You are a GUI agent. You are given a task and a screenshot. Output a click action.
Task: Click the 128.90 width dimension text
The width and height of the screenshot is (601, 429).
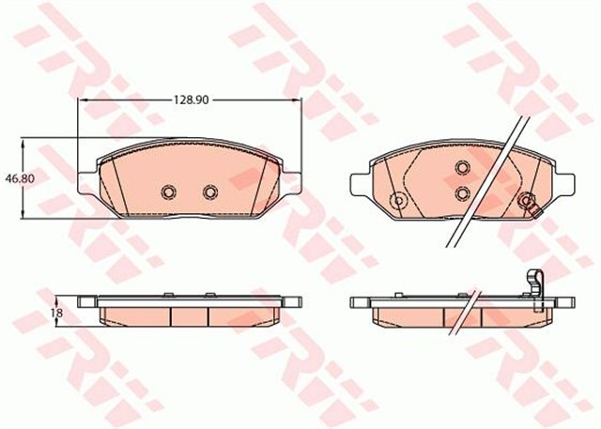tap(189, 98)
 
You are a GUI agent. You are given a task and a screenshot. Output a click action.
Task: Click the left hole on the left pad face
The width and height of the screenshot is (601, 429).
tap(168, 192)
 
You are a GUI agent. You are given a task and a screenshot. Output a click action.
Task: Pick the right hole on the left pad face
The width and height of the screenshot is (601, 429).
tap(209, 192)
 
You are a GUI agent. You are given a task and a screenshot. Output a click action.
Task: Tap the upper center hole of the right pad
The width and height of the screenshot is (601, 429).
tap(461, 168)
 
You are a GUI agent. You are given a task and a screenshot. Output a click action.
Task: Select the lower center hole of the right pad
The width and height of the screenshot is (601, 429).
tap(461, 192)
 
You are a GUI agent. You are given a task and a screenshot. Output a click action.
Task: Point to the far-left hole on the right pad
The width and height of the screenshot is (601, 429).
tap(397, 200)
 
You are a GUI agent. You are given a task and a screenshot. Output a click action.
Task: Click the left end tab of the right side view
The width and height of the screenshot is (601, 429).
tap(358, 302)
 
